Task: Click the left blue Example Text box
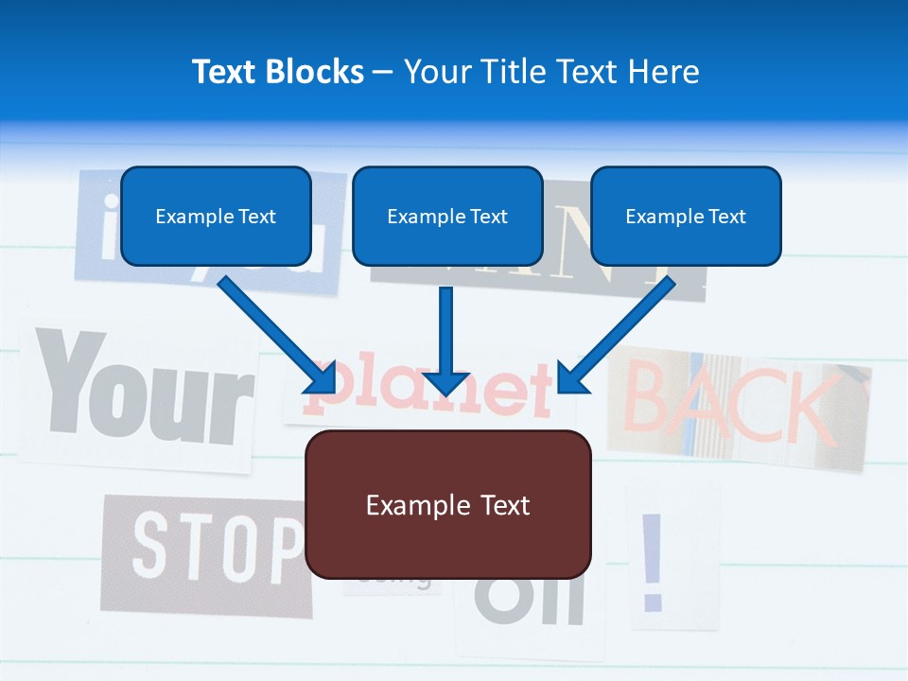coord(216,217)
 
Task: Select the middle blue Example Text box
coord(447,217)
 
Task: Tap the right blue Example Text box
coord(686,217)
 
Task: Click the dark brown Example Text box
coord(447,505)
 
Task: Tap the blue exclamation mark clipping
coord(652,562)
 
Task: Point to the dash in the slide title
coord(384,72)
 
